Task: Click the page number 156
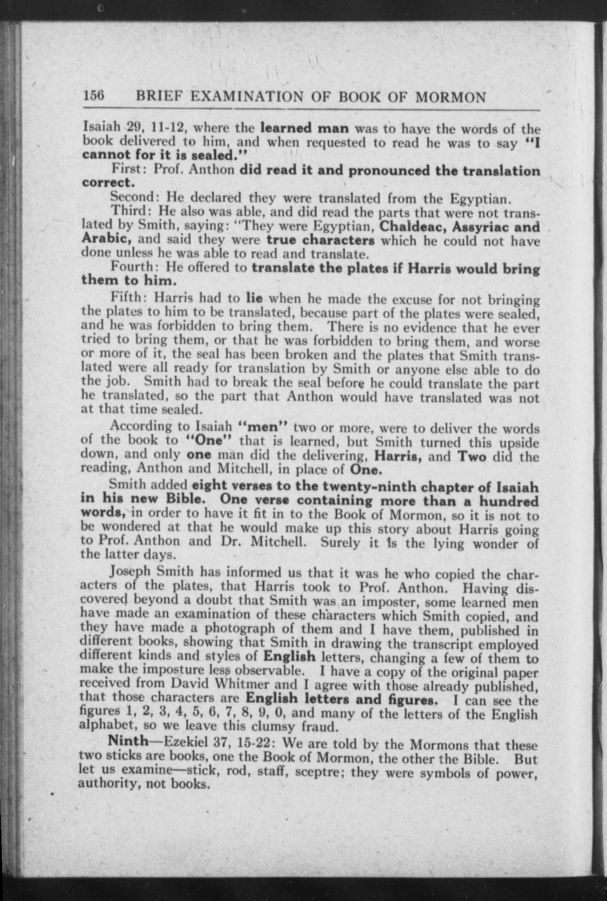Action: click(x=94, y=97)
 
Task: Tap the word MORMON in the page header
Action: click(x=450, y=97)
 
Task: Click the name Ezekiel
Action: click(x=184, y=742)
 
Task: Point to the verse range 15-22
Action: click(x=252, y=742)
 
